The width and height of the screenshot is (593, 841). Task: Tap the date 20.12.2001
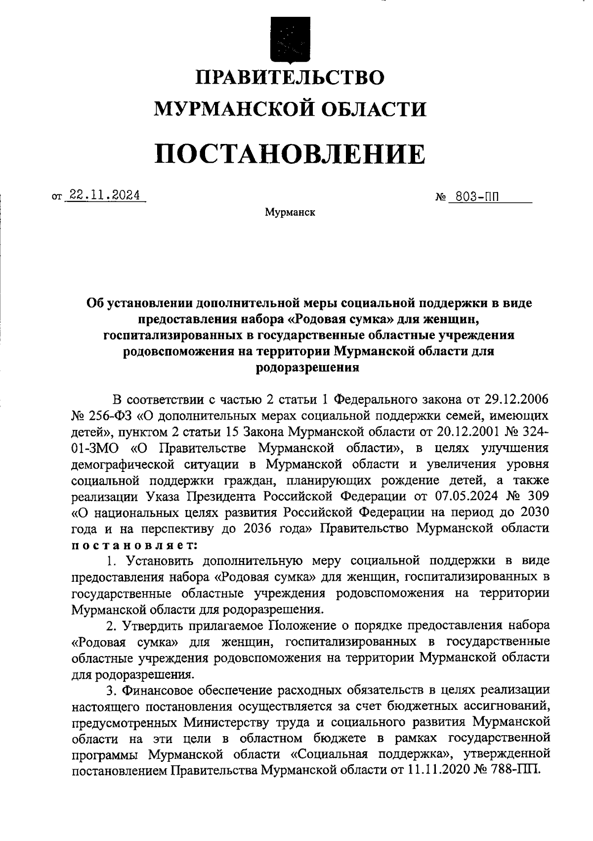pyautogui.click(x=469, y=431)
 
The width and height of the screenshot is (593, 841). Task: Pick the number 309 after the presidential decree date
pyautogui.click(x=536, y=496)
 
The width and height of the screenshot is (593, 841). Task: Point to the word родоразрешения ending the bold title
pyautogui.click(x=307, y=368)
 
